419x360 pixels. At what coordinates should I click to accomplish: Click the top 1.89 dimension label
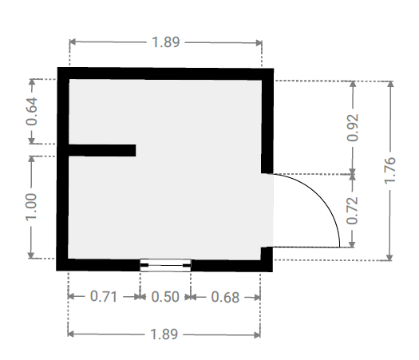[x=166, y=42]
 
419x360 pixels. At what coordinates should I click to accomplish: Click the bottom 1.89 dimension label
[x=164, y=334]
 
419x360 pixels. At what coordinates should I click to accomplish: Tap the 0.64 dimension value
[x=32, y=112]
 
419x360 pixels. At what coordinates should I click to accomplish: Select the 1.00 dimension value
[x=31, y=207]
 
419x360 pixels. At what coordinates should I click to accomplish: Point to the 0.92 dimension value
[x=353, y=128]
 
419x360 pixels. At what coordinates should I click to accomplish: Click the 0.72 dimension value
[x=352, y=211]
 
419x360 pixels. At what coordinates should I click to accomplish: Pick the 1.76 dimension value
[x=390, y=171]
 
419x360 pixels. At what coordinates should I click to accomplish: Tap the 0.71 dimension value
[x=104, y=296]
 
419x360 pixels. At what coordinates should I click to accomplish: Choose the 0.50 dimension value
[x=165, y=297]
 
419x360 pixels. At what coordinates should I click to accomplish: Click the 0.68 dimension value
[x=225, y=297]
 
